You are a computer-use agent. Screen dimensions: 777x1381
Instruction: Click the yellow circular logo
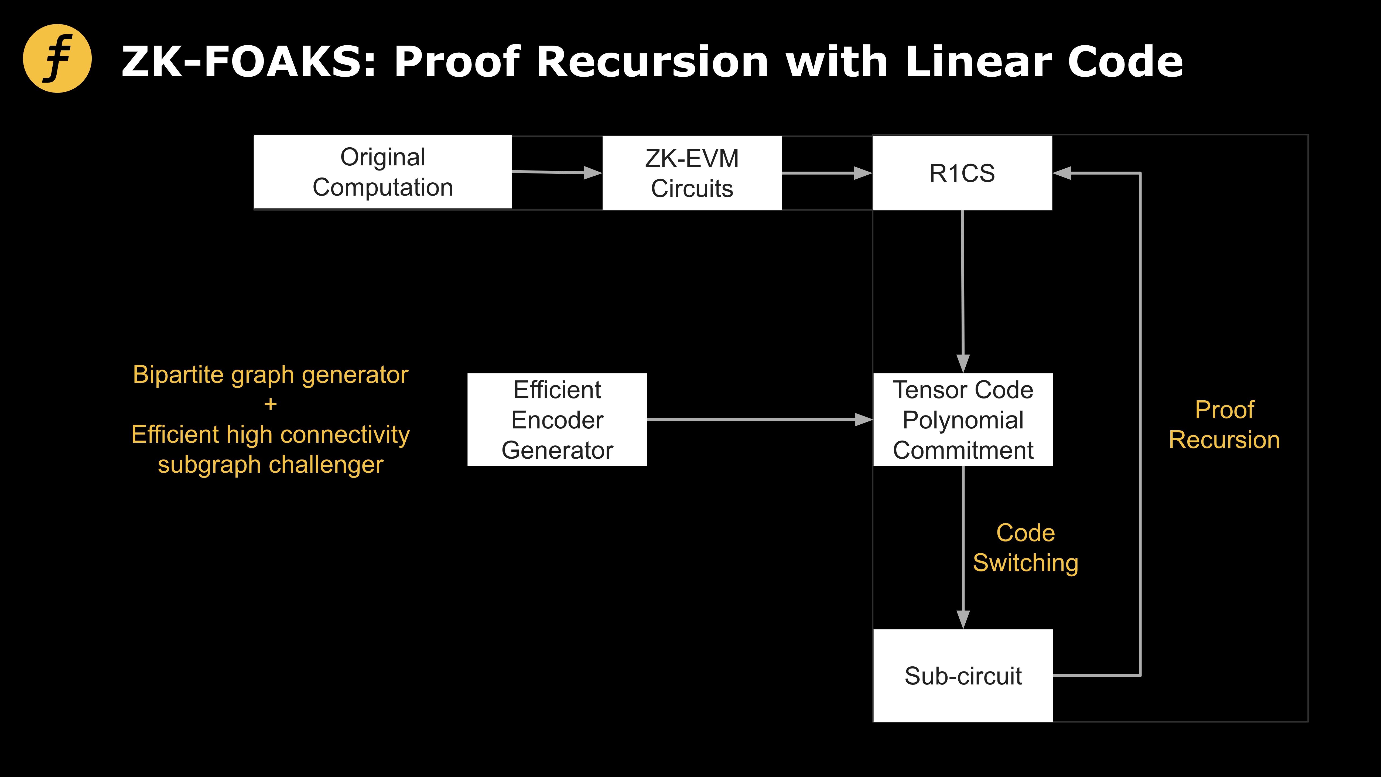coord(57,59)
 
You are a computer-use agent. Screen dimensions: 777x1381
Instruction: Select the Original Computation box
coord(383,172)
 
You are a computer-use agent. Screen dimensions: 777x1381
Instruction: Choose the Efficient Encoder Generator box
coord(557,419)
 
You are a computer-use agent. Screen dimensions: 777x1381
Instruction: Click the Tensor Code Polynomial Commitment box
coord(963,419)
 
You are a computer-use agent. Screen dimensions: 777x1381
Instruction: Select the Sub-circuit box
coord(963,675)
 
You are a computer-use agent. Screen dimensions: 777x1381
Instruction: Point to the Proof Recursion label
coord(1225,425)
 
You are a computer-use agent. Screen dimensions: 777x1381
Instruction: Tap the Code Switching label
coord(1025,547)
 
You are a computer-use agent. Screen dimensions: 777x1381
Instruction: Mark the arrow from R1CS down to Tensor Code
coord(963,289)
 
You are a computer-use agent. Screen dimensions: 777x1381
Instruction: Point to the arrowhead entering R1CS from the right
coord(1062,173)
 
